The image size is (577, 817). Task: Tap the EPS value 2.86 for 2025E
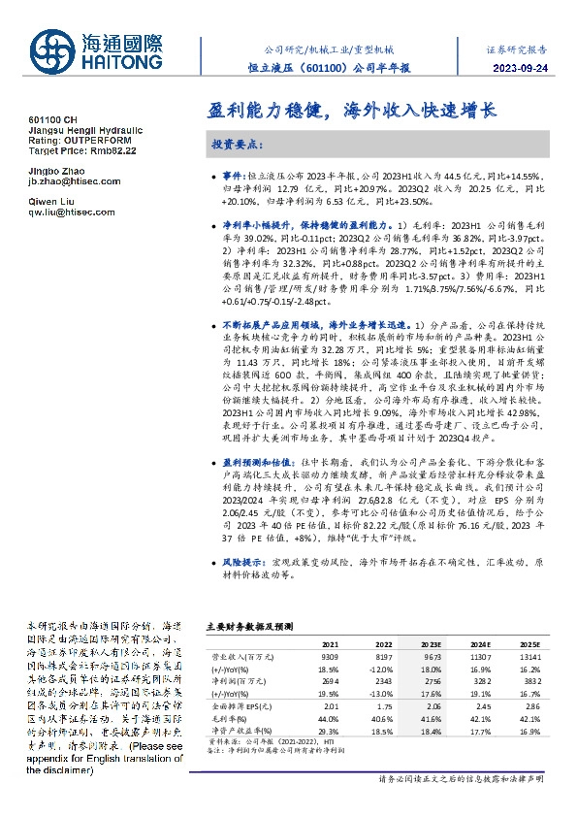(529, 708)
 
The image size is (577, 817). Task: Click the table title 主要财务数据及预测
(244, 627)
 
